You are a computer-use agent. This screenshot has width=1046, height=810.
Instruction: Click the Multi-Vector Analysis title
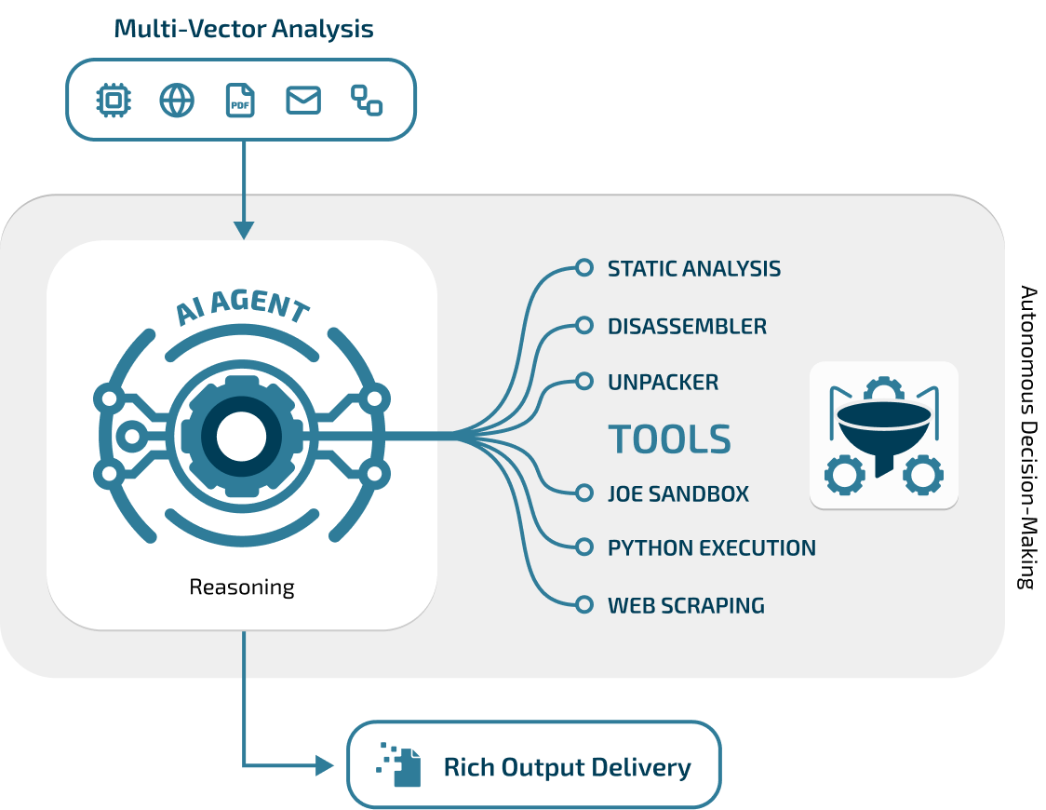coord(244,29)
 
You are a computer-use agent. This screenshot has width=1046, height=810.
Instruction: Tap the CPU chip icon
coord(114,100)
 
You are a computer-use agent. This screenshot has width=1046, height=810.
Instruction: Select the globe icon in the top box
coord(177,100)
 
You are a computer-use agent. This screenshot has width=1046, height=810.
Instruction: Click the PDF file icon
coord(240,100)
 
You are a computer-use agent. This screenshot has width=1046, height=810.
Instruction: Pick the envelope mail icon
coord(303,100)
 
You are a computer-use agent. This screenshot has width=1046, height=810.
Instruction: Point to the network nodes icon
coord(367,100)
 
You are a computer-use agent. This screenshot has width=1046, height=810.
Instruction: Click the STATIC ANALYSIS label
coord(693,269)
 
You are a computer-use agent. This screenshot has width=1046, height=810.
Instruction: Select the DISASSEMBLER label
coord(687,327)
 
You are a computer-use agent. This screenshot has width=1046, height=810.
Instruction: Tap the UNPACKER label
coord(663,383)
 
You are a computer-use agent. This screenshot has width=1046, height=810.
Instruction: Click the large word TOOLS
coord(670,439)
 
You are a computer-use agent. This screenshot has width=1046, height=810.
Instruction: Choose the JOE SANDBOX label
coord(677,494)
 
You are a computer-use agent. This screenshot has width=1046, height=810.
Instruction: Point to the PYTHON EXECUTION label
coord(711,548)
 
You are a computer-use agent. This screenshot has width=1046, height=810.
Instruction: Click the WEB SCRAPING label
coord(686,606)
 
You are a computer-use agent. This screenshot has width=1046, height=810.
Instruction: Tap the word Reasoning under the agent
coord(242,587)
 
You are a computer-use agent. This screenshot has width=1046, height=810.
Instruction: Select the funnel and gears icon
coord(884,435)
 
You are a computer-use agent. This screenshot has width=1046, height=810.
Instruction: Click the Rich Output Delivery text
coord(567,768)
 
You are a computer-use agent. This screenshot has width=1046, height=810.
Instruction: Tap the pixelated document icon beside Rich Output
coord(398,765)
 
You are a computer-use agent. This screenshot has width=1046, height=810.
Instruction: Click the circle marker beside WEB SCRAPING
coord(584,604)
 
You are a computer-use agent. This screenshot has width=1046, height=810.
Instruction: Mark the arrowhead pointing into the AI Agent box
coord(244,229)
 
